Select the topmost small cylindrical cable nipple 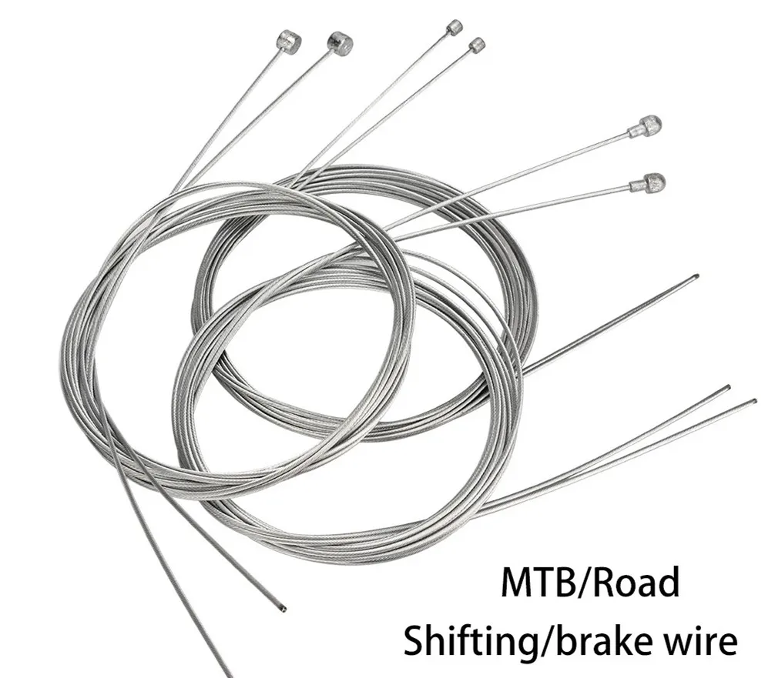[x=455, y=26]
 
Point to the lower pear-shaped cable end [x=649, y=182]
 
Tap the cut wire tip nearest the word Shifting [x=283, y=608]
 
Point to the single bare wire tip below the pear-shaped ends [x=695, y=277]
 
